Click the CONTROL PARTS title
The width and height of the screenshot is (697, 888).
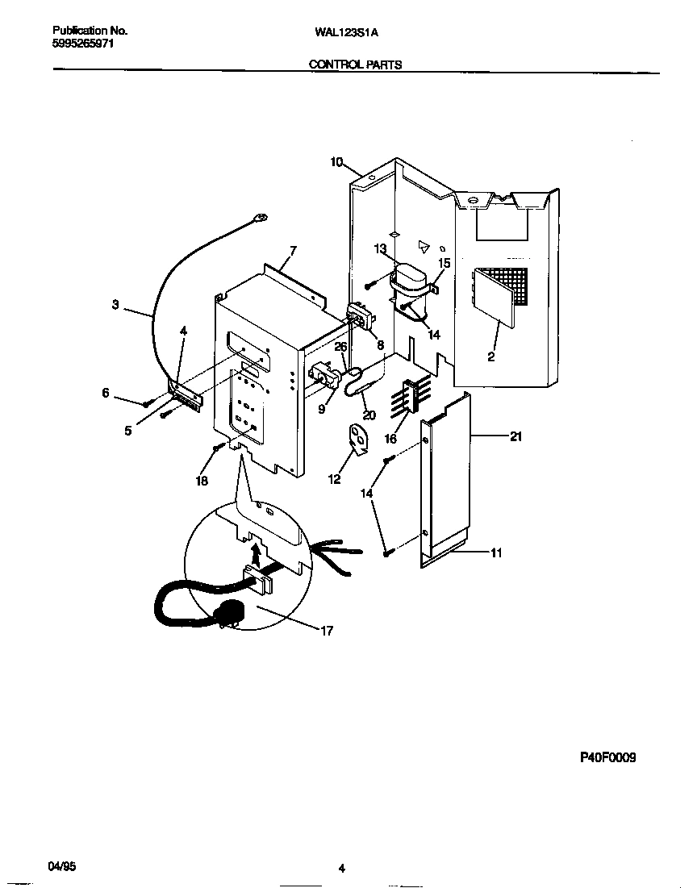pos(356,65)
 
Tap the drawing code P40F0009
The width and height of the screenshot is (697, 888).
pos(607,757)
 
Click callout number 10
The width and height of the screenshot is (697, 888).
pos(336,163)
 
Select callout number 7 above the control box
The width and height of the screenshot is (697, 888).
pos(292,251)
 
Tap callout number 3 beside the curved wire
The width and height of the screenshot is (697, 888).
pos(115,305)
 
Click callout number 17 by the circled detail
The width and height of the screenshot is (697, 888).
pos(327,631)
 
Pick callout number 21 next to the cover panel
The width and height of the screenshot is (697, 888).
pos(516,436)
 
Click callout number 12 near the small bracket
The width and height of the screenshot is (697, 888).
pos(333,479)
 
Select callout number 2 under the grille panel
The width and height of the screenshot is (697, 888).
pos(491,356)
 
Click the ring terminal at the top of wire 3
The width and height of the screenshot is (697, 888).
pos(261,216)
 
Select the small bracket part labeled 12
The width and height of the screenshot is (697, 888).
pos(357,437)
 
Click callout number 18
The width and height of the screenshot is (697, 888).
pos(201,482)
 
